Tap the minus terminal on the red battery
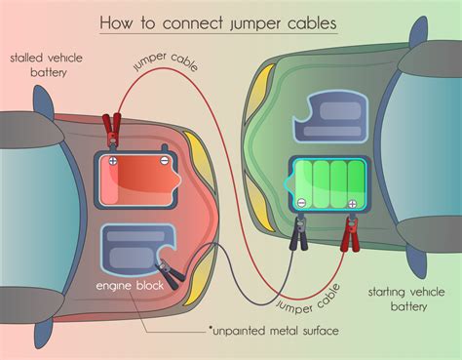coord(165,162)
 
